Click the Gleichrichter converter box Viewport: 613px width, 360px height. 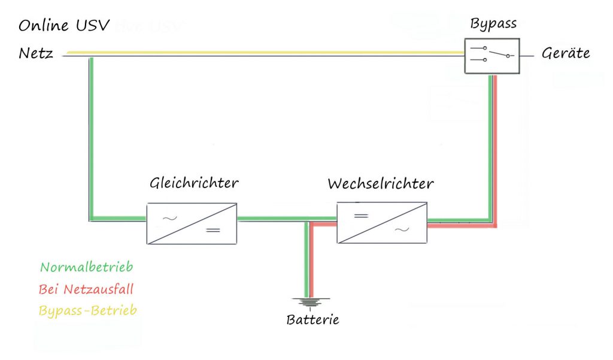point(192,222)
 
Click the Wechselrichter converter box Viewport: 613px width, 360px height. point(382,222)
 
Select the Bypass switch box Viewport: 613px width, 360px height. point(491,56)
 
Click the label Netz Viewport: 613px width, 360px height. point(36,55)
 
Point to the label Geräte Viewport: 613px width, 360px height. point(565,53)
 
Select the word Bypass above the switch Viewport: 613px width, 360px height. point(493,25)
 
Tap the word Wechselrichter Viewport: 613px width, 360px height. point(380,183)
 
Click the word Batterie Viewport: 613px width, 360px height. point(312,319)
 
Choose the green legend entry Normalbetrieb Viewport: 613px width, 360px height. point(86,267)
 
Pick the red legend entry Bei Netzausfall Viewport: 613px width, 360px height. point(86,289)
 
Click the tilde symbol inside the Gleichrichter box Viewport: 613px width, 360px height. point(170,217)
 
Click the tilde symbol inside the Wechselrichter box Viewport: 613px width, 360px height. point(400,229)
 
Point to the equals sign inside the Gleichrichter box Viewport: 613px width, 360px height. point(213,230)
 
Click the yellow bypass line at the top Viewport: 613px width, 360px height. point(269,53)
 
